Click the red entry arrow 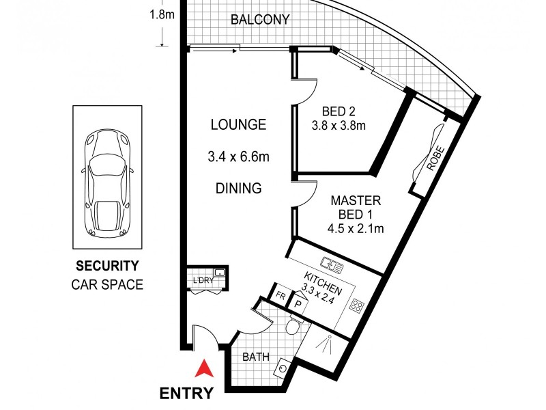click(204, 369)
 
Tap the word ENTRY click(186, 394)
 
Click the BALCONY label click(260, 19)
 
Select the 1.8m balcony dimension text click(162, 15)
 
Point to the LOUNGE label click(238, 124)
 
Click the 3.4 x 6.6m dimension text click(238, 157)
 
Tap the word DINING click(238, 189)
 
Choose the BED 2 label click(339, 111)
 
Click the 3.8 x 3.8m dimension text click(339, 126)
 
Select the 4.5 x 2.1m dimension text click(356, 229)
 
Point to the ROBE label click(435, 159)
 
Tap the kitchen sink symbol click(332, 264)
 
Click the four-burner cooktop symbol click(356, 306)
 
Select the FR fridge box click(280, 296)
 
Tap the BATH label click(256, 357)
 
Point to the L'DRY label click(203, 280)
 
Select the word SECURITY click(107, 266)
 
